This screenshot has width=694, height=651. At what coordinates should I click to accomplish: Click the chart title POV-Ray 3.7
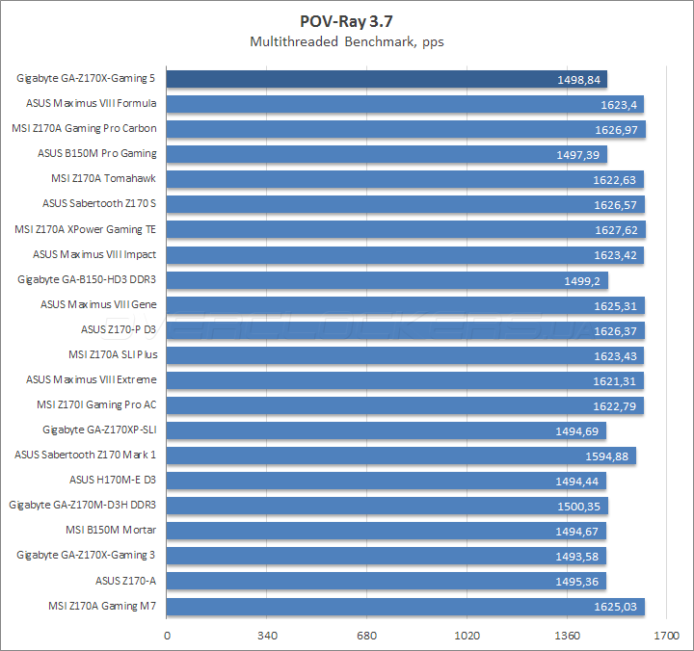(347, 21)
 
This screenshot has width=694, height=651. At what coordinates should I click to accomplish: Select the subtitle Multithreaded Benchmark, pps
(347, 41)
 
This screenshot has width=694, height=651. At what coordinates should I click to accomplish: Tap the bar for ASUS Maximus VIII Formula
(405, 104)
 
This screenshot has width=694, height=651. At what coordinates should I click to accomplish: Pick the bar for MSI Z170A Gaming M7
(406, 606)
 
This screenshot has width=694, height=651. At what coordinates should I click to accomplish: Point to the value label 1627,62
(616, 230)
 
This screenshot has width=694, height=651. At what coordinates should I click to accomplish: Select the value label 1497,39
(578, 154)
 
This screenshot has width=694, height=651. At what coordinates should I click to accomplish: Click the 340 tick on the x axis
(269, 636)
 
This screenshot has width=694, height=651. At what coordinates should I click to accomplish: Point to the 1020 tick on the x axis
(467, 636)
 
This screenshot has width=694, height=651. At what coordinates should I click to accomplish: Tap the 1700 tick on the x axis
(665, 636)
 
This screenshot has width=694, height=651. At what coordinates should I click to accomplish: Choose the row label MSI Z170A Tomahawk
(103, 178)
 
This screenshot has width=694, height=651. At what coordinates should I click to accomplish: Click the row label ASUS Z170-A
(125, 581)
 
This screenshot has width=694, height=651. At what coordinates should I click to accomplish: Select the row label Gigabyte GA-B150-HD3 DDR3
(87, 279)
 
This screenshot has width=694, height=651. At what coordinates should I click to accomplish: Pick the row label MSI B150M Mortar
(111, 531)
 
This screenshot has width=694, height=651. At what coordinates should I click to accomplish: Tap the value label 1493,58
(578, 556)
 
